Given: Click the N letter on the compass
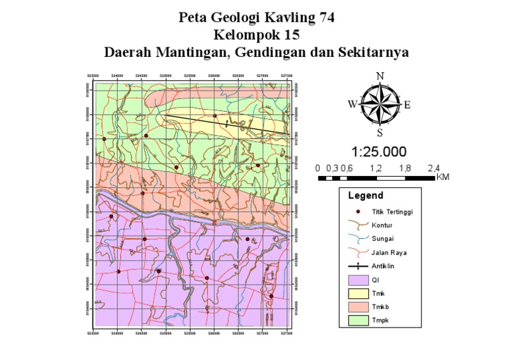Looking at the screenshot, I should pyautogui.click(x=380, y=75).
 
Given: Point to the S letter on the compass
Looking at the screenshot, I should pyautogui.click(x=380, y=132).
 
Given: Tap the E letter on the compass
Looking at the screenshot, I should pyautogui.click(x=407, y=104).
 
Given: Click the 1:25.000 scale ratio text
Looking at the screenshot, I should pyautogui.click(x=379, y=152).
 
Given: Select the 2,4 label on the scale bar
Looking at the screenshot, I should pyautogui.click(x=434, y=168).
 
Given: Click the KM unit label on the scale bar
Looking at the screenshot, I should pyautogui.click(x=443, y=177).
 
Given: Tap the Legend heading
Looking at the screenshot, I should pyautogui.click(x=365, y=196).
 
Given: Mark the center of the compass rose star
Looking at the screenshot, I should pyautogui.click(x=380, y=104).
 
